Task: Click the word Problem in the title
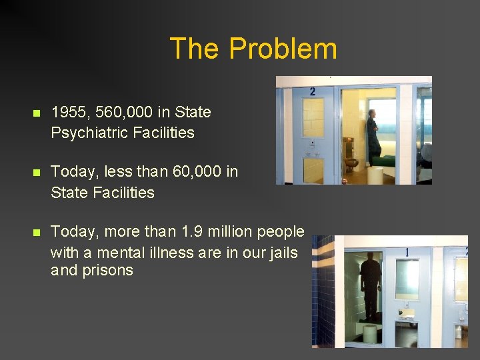coord(283,49)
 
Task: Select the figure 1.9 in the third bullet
coord(192,231)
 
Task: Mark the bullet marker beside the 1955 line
coord(37,113)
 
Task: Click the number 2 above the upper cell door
coord(313,91)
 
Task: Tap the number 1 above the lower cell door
coord(407,253)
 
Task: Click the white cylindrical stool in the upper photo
coord(376,175)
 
